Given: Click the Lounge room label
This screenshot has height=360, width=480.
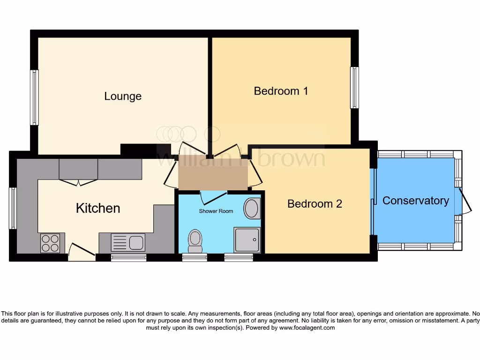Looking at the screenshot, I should tap(122, 96).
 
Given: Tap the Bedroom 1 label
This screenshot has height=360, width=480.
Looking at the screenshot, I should tap(281, 90).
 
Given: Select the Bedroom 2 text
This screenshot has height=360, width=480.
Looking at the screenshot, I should tap(315, 203).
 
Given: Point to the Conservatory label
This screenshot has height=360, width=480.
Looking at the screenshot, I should tap(415, 201).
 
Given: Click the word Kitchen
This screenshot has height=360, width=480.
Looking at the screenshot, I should tap(98, 208).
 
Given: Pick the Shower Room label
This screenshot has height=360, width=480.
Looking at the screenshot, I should tap(216, 211).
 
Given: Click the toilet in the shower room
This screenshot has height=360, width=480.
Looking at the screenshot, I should tap(195, 240).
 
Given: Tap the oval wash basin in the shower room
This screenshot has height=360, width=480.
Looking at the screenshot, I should tap(253, 209).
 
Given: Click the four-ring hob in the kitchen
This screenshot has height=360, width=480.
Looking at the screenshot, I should tap(50, 243).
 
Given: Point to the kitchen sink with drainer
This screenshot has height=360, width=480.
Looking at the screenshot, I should tap(128, 243).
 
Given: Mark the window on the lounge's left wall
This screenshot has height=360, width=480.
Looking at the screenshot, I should tap(34, 97).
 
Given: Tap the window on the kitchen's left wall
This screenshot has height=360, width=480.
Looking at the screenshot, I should tap(13, 208).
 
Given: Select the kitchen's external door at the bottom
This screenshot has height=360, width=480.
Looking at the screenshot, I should tap(81, 253).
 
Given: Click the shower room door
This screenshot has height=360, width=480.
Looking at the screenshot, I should tap(213, 196).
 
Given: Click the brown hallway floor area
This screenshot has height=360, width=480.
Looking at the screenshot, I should tap(212, 173).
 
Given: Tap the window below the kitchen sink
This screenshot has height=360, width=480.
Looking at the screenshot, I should tap(128, 257).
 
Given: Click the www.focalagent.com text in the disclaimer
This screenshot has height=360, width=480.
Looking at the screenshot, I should tap(307, 328).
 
